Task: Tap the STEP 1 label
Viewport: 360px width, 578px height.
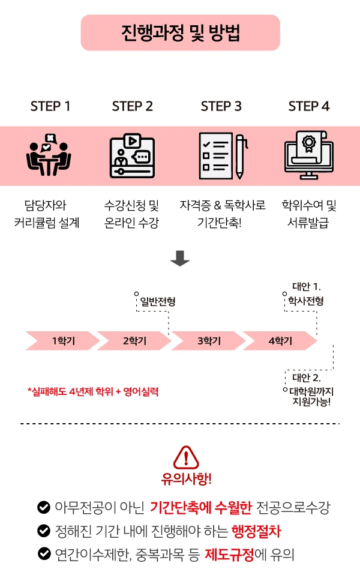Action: (50, 106)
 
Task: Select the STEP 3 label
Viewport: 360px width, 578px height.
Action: (221, 106)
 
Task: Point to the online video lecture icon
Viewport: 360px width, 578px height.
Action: (132, 155)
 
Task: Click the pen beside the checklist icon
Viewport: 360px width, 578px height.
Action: (241, 155)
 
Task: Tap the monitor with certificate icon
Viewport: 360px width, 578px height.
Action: (308, 155)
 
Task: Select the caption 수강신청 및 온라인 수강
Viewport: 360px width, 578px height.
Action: (131, 215)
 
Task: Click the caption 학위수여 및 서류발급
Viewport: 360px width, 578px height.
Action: (309, 215)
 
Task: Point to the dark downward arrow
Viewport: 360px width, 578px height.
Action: (180, 259)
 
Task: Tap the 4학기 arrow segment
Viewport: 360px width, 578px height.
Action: (280, 340)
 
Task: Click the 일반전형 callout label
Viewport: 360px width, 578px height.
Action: (157, 302)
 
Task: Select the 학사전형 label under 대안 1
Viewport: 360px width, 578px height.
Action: (306, 301)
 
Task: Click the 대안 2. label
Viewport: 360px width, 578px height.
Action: (306, 378)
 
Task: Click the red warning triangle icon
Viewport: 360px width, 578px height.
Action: (186, 457)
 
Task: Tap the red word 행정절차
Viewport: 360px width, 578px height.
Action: (256, 531)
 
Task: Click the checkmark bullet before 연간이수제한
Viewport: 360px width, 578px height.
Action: (44, 554)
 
